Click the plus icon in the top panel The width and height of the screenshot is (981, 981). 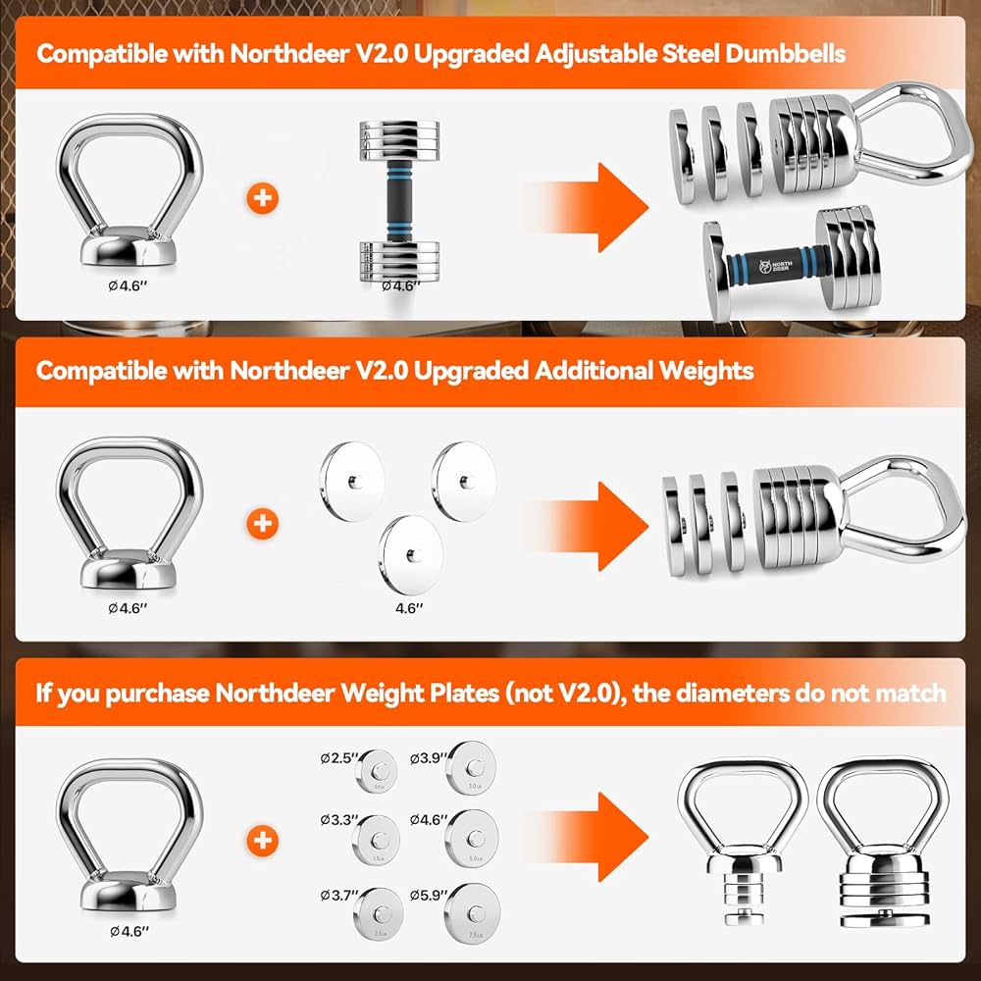click(x=262, y=198)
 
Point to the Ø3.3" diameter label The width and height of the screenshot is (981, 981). click(x=336, y=819)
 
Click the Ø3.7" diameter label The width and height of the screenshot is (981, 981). click(x=336, y=894)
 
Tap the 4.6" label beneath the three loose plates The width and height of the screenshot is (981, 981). click(x=409, y=608)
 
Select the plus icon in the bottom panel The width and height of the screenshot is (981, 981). click(x=262, y=840)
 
